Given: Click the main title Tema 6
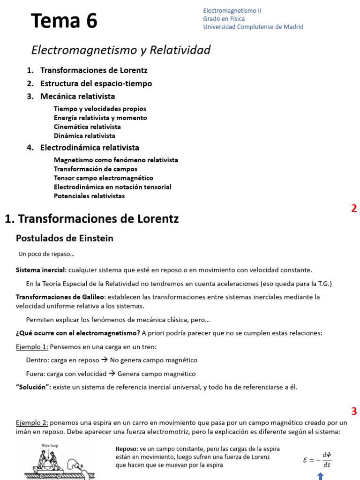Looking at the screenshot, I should coord(64,21).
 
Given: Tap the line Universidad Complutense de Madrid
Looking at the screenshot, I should coord(253,27).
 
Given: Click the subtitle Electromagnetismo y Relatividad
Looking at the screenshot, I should coord(120,50).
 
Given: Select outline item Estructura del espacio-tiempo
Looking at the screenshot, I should coord(96,83).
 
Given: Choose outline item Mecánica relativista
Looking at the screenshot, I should coord(77,97).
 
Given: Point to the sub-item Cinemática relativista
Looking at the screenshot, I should coord(87,127).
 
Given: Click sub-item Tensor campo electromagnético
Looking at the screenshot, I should coord(103,178).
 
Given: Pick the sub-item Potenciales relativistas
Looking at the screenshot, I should coord(89,196).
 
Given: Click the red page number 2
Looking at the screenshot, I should coord(354,209).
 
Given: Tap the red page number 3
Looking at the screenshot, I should coord(354,412).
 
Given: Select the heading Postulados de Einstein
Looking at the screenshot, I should coord(65,238).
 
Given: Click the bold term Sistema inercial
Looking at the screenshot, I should coord(40,270).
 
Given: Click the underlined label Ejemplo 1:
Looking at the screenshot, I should coord(32,347).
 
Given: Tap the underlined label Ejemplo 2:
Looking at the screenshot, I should coord(32,423).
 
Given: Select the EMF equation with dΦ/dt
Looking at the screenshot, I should coord(317,460).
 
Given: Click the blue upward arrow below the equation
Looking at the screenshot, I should coord(320,476).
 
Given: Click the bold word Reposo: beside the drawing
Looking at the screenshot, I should coord(127,448).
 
